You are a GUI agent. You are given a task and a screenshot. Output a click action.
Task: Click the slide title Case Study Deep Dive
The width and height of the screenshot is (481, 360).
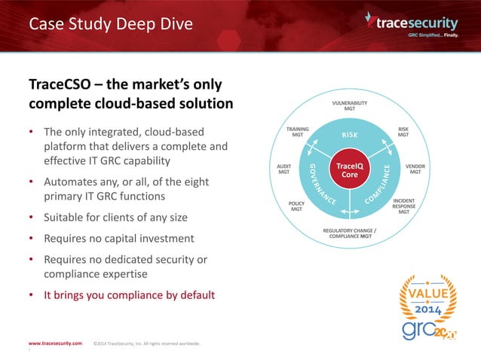111,24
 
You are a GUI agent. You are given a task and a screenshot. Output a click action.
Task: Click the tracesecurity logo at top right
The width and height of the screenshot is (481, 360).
419,23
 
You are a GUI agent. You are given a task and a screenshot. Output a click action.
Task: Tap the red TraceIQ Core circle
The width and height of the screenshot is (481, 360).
349,169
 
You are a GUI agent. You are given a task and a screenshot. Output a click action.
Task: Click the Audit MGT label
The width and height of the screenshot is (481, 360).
283,169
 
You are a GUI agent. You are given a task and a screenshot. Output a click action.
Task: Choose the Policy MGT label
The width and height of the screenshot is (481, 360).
296,206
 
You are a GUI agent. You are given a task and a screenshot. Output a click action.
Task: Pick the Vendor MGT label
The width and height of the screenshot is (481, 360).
415,169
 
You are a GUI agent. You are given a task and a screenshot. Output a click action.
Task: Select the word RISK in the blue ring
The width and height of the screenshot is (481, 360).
350,136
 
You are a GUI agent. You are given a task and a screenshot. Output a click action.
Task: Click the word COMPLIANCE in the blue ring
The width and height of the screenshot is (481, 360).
381,185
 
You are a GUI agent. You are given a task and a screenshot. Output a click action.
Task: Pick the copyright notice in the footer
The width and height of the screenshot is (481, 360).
147,343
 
